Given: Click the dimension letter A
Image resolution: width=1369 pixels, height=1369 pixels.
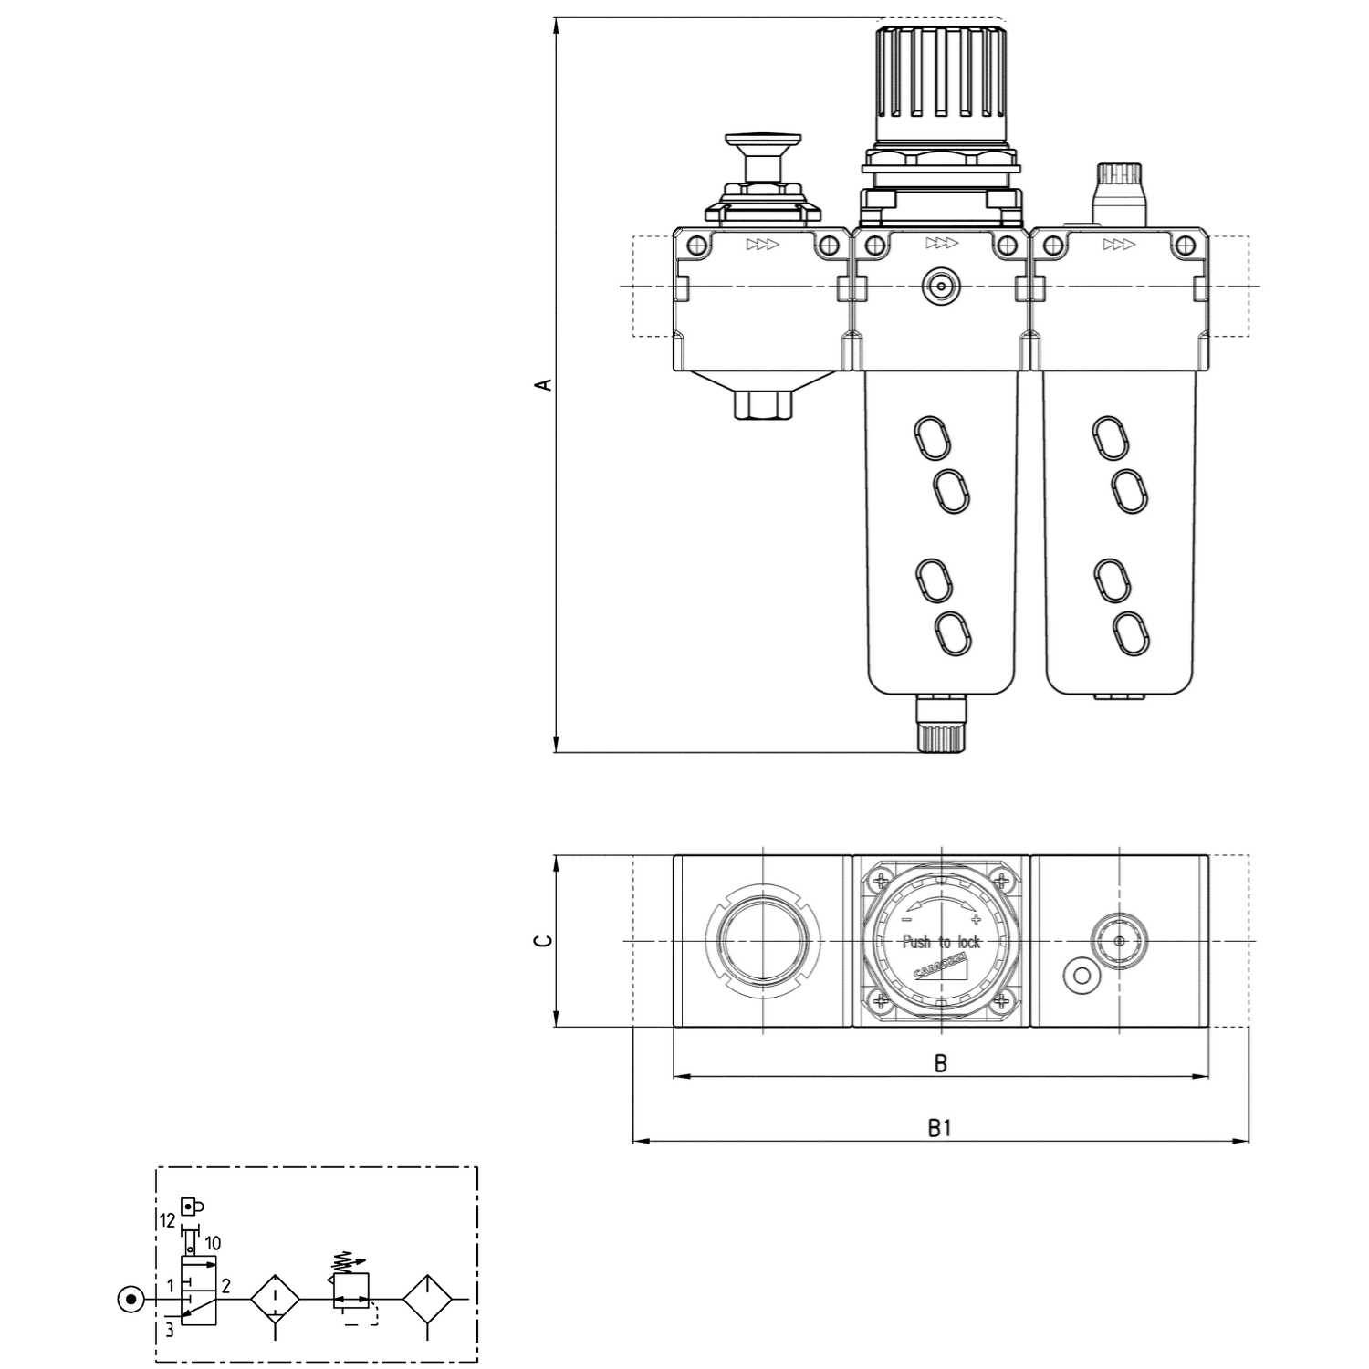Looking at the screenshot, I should coord(544,384).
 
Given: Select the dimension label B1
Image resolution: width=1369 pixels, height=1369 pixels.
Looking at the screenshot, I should coord(939,1128).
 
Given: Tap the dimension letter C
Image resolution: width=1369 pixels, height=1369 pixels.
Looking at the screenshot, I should coord(543,941).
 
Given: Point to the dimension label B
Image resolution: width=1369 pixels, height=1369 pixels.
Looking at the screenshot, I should coord(940,1063).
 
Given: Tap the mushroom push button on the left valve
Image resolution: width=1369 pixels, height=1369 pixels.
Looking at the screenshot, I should coord(763,142).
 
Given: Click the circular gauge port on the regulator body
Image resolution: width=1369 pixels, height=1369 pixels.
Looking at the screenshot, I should coord(939,287).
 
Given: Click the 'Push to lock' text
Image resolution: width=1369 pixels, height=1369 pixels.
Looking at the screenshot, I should coord(940,942).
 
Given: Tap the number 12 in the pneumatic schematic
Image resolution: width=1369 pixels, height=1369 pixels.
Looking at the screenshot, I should coord(167,1219).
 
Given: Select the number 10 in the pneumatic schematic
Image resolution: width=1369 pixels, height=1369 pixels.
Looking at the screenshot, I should coord(213,1243).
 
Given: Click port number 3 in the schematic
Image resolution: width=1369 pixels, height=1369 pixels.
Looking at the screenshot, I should coord(170,1329).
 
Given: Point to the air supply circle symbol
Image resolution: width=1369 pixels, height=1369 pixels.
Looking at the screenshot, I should coord(131,1299).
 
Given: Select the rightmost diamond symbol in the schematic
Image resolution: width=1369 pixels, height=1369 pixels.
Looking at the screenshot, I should coord(427,1299).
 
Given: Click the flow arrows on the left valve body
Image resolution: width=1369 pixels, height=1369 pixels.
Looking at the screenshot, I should coord(762,245).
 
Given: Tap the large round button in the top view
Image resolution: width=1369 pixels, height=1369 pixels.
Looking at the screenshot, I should coord(762,941).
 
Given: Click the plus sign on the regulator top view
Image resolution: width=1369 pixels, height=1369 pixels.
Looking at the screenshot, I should coord(976,919).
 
